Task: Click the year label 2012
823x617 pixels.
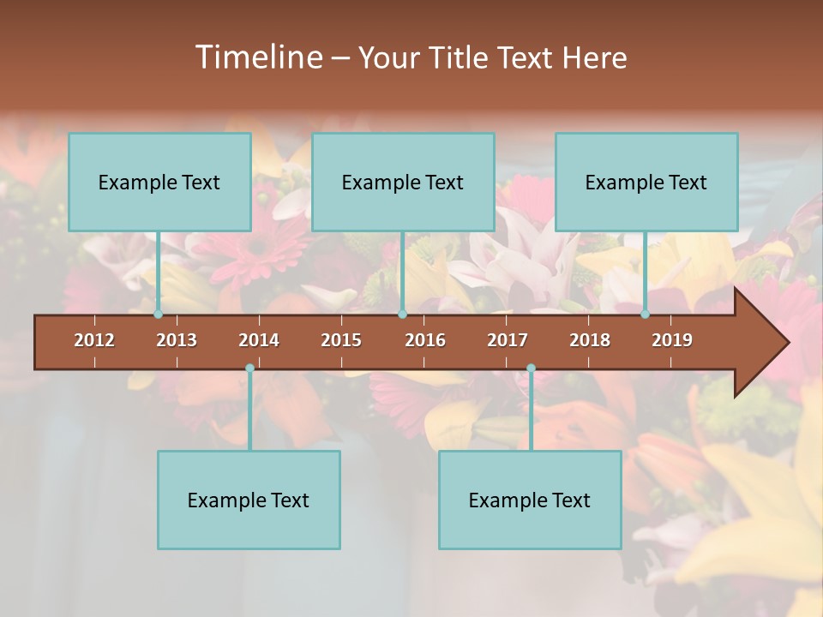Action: pyautogui.click(x=94, y=340)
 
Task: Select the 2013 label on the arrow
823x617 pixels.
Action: pyautogui.click(x=177, y=340)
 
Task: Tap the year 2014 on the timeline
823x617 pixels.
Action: pyautogui.click(x=259, y=340)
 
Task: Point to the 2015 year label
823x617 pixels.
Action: pyautogui.click(x=341, y=340)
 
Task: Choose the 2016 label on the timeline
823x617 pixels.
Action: pyautogui.click(x=425, y=340)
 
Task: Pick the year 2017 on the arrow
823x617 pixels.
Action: pyautogui.click(x=508, y=340)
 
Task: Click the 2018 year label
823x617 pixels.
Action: pyautogui.click(x=590, y=340)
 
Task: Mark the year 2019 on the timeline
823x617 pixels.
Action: pyautogui.click(x=672, y=340)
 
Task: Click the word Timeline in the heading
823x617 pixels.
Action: pyautogui.click(x=257, y=57)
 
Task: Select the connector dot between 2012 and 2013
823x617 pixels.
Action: pyautogui.click(x=158, y=314)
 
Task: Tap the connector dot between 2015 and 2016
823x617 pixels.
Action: pyautogui.click(x=402, y=314)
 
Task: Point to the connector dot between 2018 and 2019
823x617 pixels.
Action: pyautogui.click(x=645, y=314)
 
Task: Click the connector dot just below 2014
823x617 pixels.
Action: pyautogui.click(x=249, y=368)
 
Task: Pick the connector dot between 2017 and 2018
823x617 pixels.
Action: pyautogui.click(x=531, y=368)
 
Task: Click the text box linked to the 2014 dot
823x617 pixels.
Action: pyautogui.click(x=249, y=500)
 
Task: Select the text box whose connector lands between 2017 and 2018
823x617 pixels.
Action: pyautogui.click(x=530, y=500)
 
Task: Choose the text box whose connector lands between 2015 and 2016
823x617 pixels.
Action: pyautogui.click(x=403, y=182)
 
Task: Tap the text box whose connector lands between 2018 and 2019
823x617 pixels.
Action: pyautogui.click(x=646, y=182)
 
